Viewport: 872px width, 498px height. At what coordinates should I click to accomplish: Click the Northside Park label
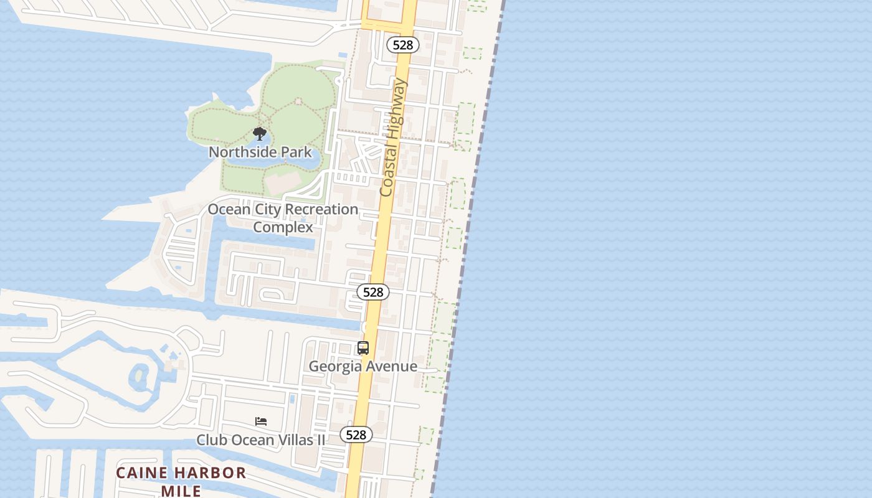tap(260, 152)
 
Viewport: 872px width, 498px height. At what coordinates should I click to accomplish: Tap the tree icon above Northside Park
tap(260, 133)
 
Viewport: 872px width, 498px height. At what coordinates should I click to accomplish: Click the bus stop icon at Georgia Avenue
tap(363, 349)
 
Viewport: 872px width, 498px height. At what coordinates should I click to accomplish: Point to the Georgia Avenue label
tap(363, 366)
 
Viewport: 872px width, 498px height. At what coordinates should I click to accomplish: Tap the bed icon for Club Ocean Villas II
tap(261, 421)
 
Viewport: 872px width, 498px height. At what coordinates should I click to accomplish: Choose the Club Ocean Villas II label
tap(260, 439)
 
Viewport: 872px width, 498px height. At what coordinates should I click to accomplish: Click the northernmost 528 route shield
tap(403, 45)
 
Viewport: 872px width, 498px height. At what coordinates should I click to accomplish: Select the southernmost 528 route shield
tap(356, 435)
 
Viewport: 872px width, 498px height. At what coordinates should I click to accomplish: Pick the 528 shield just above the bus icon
tap(373, 292)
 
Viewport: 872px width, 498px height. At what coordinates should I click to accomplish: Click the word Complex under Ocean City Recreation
tap(283, 227)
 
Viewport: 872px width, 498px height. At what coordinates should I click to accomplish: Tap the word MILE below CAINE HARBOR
tap(181, 491)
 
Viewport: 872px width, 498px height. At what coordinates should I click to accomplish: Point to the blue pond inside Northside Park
tap(311, 159)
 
